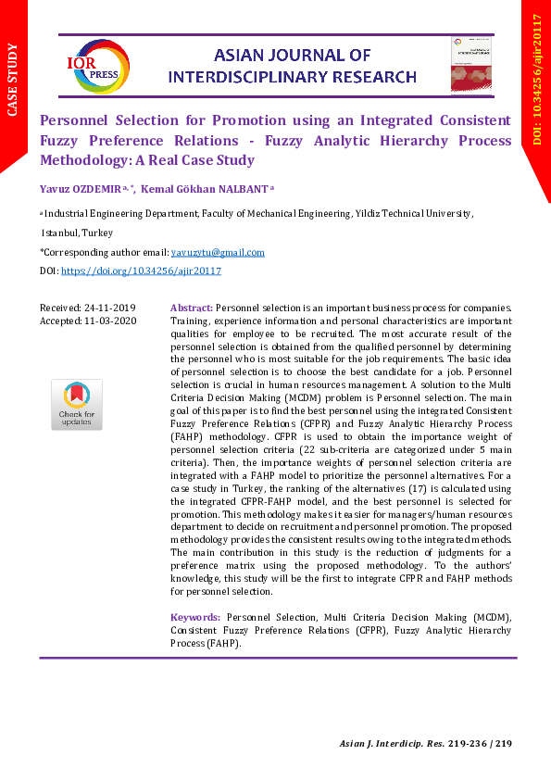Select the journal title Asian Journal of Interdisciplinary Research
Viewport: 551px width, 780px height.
tap(293, 67)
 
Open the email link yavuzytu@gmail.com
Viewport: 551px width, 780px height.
tap(218, 252)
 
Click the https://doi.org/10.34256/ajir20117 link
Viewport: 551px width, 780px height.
tap(141, 270)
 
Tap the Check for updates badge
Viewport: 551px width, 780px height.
tap(76, 404)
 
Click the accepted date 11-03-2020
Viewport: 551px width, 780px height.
tap(110, 321)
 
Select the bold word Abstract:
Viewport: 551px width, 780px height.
tap(192, 308)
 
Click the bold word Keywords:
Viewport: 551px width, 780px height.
tap(195, 617)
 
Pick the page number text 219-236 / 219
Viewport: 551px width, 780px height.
tap(478, 745)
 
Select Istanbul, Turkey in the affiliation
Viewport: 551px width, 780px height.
tap(77, 233)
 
